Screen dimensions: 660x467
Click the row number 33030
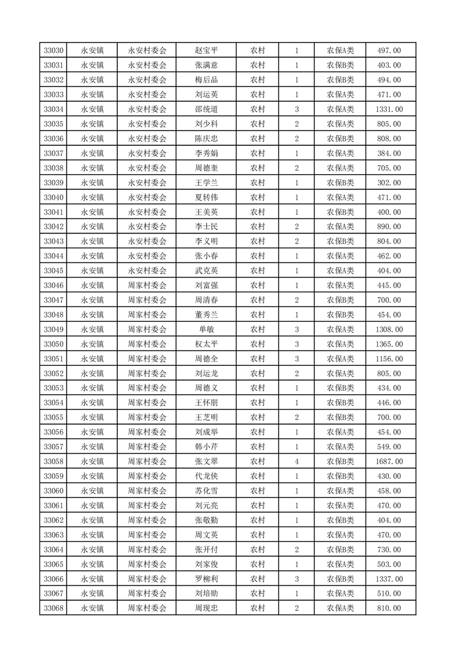point(54,51)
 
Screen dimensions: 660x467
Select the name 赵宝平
point(206,51)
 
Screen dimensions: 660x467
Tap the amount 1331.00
point(389,109)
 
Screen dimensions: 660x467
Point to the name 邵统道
point(206,109)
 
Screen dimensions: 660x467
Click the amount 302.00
point(389,183)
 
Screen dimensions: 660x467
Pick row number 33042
point(54,227)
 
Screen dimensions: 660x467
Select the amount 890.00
point(389,227)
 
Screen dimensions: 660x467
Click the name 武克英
point(206,271)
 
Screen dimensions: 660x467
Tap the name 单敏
point(206,329)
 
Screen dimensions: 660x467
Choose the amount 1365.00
point(389,344)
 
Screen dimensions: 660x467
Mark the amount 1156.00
point(389,359)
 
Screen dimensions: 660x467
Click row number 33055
point(54,418)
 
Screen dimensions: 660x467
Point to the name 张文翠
point(206,462)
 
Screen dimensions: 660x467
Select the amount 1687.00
point(389,462)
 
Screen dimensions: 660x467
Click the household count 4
point(296,462)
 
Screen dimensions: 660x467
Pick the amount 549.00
point(389,447)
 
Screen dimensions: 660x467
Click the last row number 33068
point(54,608)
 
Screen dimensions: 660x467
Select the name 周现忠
point(206,608)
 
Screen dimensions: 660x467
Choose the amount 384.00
point(389,154)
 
